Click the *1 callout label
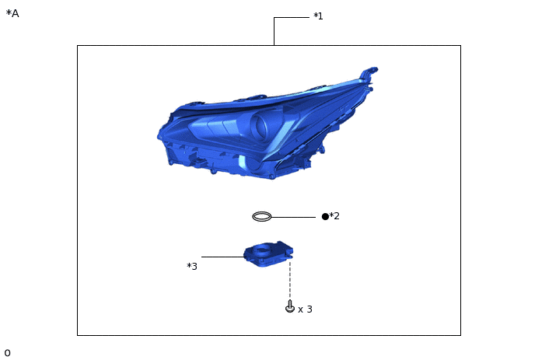318,16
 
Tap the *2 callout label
334,216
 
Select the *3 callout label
192,267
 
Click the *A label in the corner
12,13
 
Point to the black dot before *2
325,216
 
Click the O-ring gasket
262,216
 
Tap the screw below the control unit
290,307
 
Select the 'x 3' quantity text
305,309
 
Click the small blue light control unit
268,253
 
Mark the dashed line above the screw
290,280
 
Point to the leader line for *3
222,257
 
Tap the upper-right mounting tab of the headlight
369,73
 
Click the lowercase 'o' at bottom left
7,353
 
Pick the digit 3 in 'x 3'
309,309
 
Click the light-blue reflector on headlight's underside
243,162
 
